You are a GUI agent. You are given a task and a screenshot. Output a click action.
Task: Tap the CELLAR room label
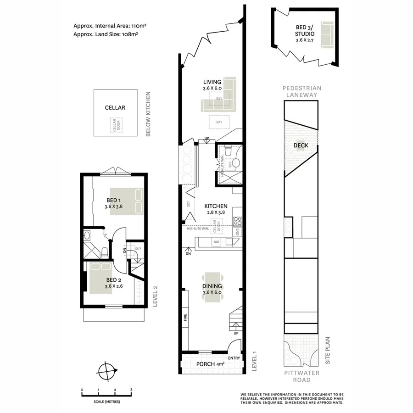115,108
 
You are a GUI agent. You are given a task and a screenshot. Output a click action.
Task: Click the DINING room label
212,286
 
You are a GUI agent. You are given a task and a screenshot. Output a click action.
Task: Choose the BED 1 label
113,201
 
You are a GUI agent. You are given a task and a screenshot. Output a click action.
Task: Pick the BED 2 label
113,280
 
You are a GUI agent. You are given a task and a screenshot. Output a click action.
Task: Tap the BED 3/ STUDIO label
305,30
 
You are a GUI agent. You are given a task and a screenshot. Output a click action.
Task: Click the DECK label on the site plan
301,146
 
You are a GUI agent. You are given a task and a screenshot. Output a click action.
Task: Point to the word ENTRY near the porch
234,358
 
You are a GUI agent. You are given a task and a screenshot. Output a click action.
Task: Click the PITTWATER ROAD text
301,376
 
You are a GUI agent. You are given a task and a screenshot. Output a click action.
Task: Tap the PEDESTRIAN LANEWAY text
301,91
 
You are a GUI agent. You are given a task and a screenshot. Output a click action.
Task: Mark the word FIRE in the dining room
185,317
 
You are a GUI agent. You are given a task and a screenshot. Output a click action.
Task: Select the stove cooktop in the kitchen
238,222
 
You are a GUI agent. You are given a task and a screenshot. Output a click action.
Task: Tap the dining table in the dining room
212,288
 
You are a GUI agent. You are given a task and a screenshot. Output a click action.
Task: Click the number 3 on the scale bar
132,390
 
